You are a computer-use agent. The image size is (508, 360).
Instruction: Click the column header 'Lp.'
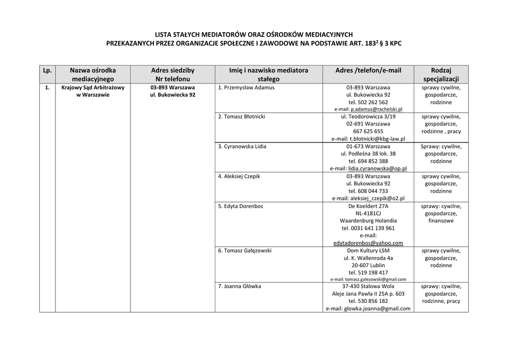pos(47,71)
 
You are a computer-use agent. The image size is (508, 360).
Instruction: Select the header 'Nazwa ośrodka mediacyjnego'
pos(93,74)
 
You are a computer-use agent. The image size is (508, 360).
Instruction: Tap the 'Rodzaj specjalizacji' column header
pos(441,74)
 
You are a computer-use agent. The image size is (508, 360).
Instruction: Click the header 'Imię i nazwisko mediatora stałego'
pos(268,74)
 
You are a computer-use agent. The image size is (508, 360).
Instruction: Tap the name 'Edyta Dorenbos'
pos(243,206)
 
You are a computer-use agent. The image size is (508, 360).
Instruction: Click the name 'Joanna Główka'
pos(242,287)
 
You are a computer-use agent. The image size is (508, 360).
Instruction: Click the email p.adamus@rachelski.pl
pos(377,109)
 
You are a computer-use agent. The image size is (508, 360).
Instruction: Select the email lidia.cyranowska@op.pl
pos(378,169)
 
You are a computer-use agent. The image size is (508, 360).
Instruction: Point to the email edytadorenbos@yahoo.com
pos(368,243)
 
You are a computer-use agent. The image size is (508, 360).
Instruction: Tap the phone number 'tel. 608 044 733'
pos(368,191)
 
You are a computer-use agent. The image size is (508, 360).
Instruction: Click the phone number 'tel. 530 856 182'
pos(368,301)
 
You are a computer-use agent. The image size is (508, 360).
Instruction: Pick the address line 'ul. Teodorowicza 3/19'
pos(368,117)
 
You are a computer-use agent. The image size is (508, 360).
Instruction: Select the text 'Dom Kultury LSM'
pos(368,251)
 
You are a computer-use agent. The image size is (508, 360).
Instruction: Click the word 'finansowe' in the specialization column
pos(441,221)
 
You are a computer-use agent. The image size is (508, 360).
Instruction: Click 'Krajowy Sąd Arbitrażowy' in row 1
pos(93,88)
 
